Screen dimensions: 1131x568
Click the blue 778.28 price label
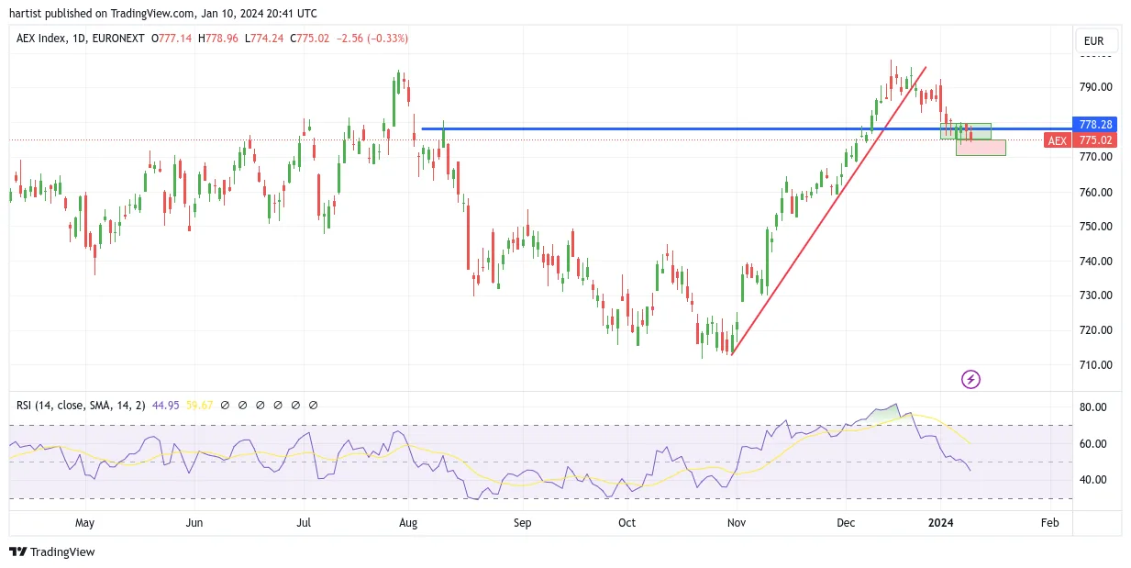click(x=1094, y=124)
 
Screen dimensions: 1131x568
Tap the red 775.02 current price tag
click(x=1094, y=140)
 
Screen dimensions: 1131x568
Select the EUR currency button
click(x=1093, y=41)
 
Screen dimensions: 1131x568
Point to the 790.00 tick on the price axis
click(x=1095, y=87)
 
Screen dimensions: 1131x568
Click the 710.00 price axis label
click(x=1095, y=364)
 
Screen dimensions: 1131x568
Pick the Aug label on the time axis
click(x=408, y=522)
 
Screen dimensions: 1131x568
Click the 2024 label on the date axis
click(x=940, y=522)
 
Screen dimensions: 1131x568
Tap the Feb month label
click(x=1049, y=522)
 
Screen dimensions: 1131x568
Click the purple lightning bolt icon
click(x=970, y=379)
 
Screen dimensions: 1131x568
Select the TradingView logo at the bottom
click(x=52, y=551)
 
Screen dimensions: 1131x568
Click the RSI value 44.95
click(x=166, y=406)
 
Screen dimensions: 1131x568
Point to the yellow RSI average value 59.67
click(x=199, y=406)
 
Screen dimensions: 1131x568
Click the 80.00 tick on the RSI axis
click(x=1093, y=407)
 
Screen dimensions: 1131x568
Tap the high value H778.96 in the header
click(x=217, y=39)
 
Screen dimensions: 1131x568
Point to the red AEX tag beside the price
click(x=1058, y=140)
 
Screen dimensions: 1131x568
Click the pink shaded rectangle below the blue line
click(x=981, y=148)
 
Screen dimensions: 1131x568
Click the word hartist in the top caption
click(x=26, y=14)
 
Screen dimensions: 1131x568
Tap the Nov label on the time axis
click(x=737, y=522)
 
